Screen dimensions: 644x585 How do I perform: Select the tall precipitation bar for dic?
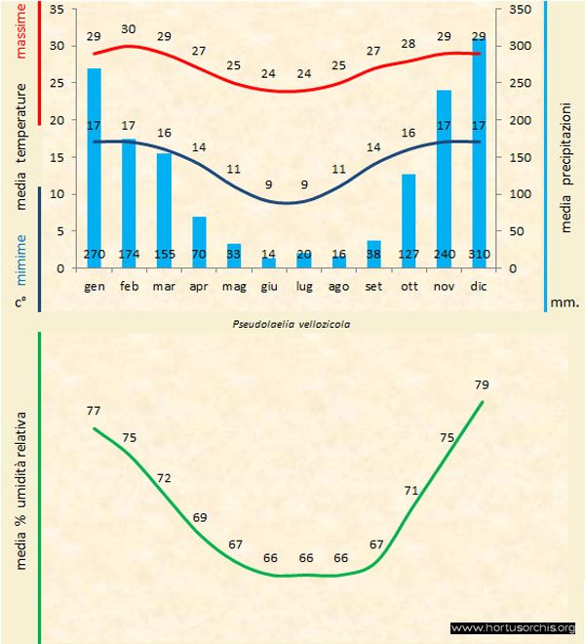[x=479, y=146]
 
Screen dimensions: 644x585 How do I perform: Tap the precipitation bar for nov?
[x=444, y=176]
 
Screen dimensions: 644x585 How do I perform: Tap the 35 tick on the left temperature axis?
[x=56, y=9]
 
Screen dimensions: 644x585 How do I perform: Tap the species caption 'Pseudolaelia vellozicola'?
[x=290, y=321]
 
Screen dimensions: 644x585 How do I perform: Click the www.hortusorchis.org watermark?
[x=513, y=627]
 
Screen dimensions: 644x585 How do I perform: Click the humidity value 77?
[x=94, y=411]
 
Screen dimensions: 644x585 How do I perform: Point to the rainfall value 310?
[x=479, y=255]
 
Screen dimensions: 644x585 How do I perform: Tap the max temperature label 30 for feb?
[x=129, y=29]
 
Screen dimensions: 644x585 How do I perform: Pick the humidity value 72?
[x=164, y=478]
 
